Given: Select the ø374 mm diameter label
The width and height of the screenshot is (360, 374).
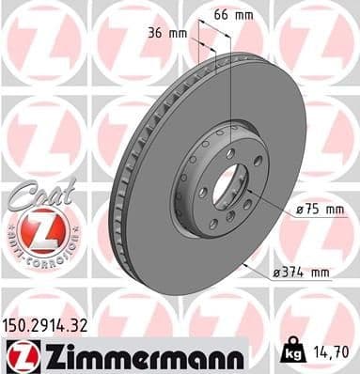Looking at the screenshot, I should point(302,273).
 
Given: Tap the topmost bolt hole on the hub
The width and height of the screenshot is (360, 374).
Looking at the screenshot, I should point(229,152).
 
